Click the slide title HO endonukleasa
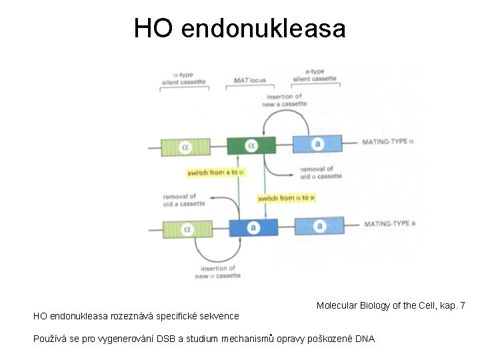[x=239, y=29]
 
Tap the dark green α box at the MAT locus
[x=251, y=145]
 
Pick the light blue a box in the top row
[x=317, y=144]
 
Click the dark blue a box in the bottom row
[x=253, y=228]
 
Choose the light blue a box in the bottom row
[x=319, y=227]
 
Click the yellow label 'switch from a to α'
[x=216, y=173]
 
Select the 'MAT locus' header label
[x=249, y=81]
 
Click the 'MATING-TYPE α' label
[x=388, y=141]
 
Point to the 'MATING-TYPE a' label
[x=390, y=224]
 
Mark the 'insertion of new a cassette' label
[x=285, y=100]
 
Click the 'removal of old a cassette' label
[x=183, y=200]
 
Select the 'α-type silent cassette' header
[x=183, y=78]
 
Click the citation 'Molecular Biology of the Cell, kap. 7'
[x=391, y=305]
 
